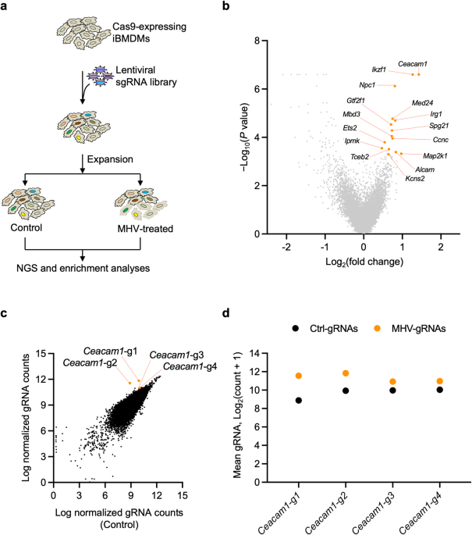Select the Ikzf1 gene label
click(x=378, y=70)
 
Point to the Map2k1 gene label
click(x=435, y=156)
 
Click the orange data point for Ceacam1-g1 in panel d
click(x=299, y=376)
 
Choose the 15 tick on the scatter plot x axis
click(x=182, y=494)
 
